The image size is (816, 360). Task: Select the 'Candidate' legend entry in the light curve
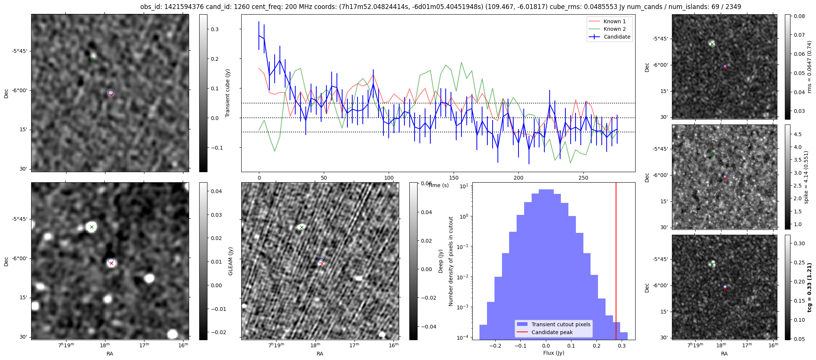(617, 37)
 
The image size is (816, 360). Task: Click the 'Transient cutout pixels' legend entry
(561, 324)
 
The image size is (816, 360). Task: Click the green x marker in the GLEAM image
(92, 227)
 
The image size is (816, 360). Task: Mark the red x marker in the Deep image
(322, 264)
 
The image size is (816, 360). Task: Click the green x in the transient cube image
(91, 59)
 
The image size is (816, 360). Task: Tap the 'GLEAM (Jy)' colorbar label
(231, 261)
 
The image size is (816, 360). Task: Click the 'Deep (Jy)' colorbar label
(441, 261)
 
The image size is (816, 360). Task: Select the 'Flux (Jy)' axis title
(553, 353)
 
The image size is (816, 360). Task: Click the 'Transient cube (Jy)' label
(227, 93)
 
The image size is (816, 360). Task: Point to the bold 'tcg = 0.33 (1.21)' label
(809, 287)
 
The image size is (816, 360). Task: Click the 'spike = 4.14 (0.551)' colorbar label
(806, 177)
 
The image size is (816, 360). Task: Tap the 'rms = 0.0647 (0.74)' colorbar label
(809, 67)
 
